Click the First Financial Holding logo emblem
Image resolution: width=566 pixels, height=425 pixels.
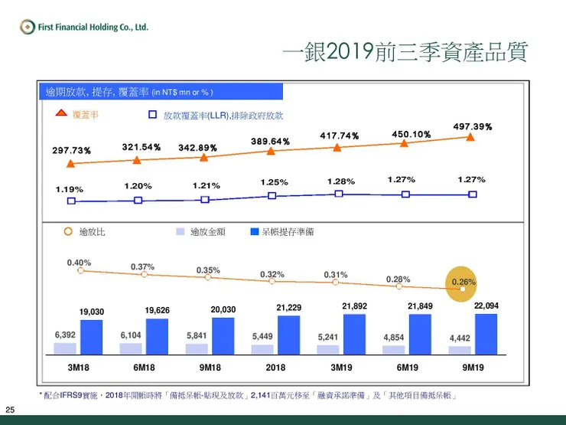28,28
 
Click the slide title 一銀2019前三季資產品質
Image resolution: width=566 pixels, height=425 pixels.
405,52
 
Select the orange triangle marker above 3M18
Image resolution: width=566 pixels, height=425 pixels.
71,163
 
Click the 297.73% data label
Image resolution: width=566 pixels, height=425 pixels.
72,151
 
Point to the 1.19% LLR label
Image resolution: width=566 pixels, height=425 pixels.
70,189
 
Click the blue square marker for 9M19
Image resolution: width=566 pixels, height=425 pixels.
472,195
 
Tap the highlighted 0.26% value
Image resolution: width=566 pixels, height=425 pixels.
464,282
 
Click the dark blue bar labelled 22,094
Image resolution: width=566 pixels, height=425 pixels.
486,334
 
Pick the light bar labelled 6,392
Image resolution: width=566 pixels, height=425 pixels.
65,348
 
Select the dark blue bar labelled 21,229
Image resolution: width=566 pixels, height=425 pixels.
288,335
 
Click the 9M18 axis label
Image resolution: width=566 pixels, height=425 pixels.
210,368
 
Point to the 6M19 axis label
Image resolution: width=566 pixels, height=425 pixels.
408,368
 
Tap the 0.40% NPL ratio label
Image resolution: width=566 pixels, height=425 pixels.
79,263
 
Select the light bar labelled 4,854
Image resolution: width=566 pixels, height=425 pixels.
394,350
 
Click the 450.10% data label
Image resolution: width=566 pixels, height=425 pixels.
411,135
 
